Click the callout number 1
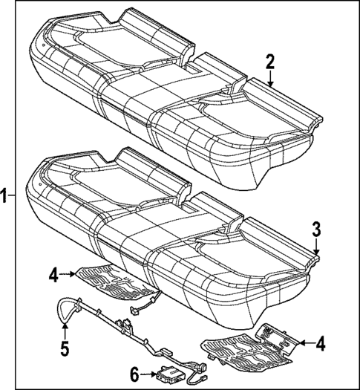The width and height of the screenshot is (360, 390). (x=5, y=196)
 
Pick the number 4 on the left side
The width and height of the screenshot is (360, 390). (x=53, y=276)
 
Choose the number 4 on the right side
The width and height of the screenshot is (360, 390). (x=320, y=344)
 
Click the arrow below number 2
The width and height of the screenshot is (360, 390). (x=270, y=80)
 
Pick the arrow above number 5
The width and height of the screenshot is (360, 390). (x=65, y=326)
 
